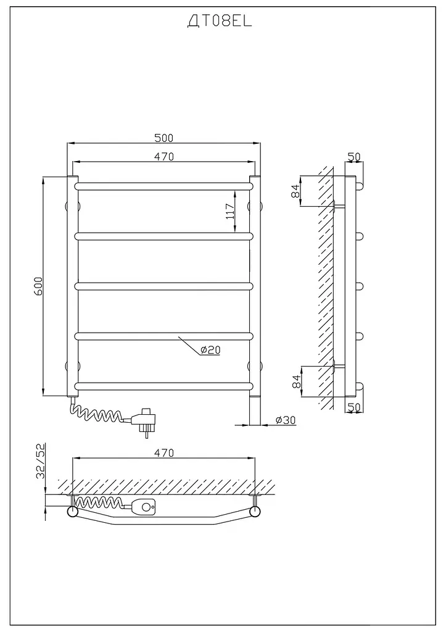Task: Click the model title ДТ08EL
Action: (x=220, y=22)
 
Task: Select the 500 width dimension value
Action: (x=163, y=138)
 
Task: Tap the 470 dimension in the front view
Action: (x=163, y=156)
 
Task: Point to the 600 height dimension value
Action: (x=38, y=286)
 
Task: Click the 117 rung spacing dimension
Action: (x=229, y=211)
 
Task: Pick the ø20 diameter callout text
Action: (x=210, y=350)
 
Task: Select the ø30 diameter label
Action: (x=286, y=420)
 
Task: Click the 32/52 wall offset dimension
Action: (x=42, y=460)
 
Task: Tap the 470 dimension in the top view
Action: (x=163, y=453)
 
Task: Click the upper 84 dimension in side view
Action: (x=295, y=191)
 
